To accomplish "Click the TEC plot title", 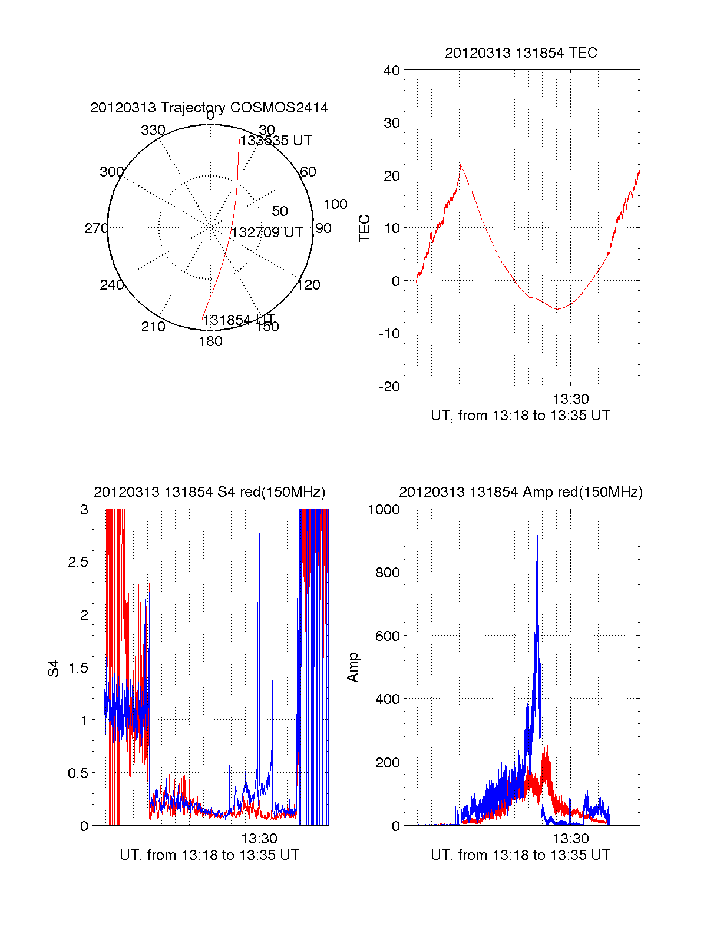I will tap(521, 53).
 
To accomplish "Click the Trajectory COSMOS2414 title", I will tap(209, 108).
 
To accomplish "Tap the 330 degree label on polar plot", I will tap(153, 130).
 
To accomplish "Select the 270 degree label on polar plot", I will tap(96, 228).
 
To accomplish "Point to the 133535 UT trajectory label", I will tap(276, 141).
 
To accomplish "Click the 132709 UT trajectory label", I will tap(267, 232).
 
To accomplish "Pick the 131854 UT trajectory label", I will tap(239, 320).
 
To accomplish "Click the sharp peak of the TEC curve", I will tap(461, 164).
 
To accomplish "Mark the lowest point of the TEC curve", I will tap(557, 308).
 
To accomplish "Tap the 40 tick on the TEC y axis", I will tap(392, 71).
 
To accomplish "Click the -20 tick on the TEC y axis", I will tap(390, 386).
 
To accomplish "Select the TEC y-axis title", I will tap(365, 228).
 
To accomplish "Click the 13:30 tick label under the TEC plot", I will tap(571, 399).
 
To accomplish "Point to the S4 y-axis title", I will tap(54, 668).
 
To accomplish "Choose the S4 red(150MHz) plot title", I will tap(209, 492).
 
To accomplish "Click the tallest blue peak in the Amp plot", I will tap(537, 528).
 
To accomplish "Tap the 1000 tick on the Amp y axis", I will tap(384, 510).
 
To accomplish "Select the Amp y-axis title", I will tap(353, 667).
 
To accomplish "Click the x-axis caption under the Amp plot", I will tap(520, 855).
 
